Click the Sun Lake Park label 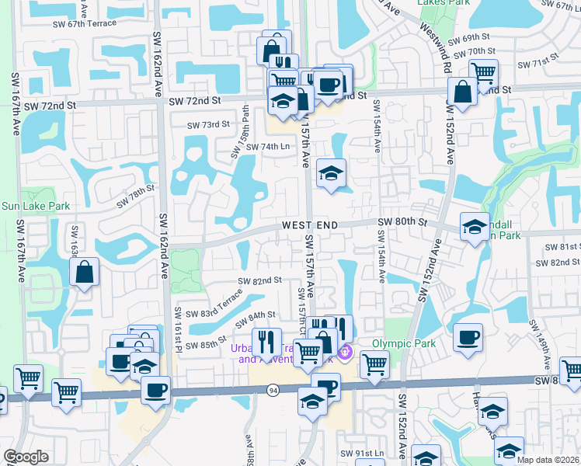point(36,207)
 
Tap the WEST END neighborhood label point(310,224)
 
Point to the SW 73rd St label point(209,124)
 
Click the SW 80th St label point(402,222)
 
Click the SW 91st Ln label point(362,454)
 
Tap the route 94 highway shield point(273,389)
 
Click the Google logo point(26,457)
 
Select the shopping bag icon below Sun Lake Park point(84,272)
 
